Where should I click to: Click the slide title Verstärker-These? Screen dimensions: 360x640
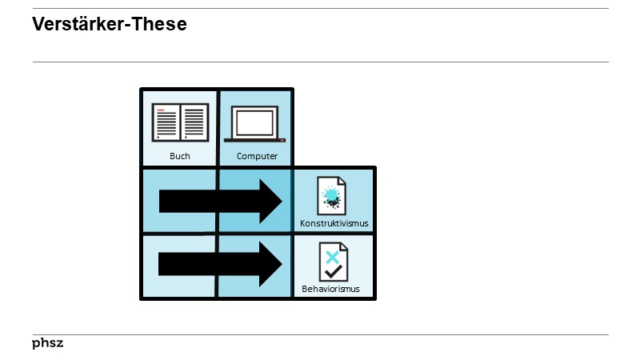[110, 25]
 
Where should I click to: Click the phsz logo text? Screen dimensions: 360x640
[48, 343]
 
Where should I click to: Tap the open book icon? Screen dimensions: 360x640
[180, 122]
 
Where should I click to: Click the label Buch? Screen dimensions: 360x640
[180, 156]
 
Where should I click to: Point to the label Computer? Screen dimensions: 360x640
[257, 156]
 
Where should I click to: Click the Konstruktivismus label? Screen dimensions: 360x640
[334, 223]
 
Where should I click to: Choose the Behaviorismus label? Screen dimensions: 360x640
[330, 289]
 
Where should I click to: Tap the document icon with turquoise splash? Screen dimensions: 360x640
[332, 195]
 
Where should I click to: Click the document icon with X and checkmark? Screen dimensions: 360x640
[332, 262]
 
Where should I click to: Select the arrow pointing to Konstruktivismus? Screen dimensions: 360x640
[220, 201]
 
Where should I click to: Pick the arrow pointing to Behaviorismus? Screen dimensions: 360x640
[220, 264]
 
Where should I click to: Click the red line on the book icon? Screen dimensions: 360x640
[162, 110]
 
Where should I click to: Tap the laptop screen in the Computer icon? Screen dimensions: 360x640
[255, 121]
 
